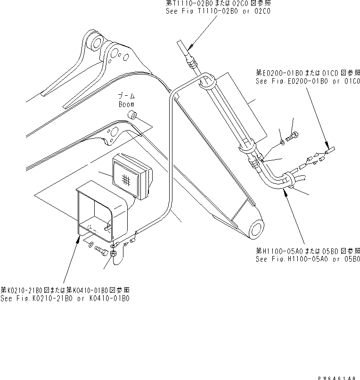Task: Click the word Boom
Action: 126,104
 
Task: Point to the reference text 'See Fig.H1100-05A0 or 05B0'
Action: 308,259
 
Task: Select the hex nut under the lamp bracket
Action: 114,254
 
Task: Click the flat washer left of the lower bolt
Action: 90,244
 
